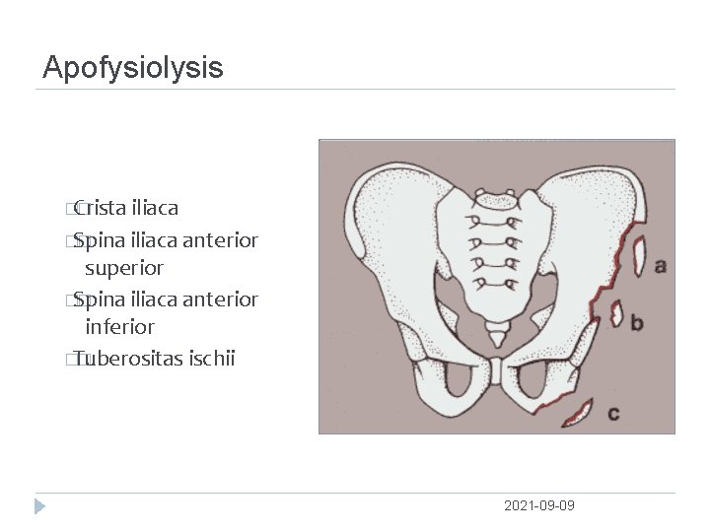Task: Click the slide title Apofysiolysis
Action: pos(133,68)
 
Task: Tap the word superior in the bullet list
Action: pos(124,268)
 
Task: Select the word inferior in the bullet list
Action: pos(119,326)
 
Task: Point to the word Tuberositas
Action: pos(127,358)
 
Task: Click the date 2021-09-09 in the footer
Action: pos(538,505)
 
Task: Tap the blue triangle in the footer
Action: pos(38,506)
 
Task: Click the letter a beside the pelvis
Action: pos(660,265)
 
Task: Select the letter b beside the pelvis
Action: pos(637,322)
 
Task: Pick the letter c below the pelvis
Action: pos(612,414)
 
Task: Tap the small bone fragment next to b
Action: pos(617,313)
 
